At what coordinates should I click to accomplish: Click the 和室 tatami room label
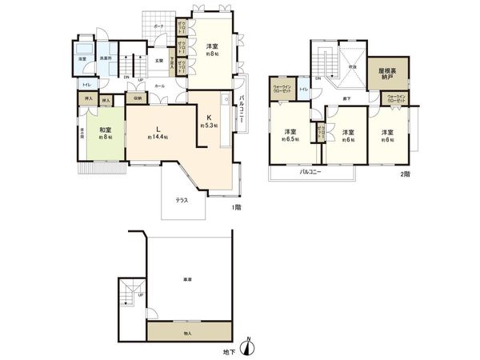[x=104, y=130]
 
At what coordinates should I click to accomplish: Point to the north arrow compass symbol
[x=250, y=346]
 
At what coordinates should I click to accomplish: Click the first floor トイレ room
[x=86, y=84]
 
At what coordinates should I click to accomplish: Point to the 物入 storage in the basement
[x=188, y=332]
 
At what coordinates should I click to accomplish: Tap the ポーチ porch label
[x=160, y=26]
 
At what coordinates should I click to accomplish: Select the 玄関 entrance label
[x=160, y=61]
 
